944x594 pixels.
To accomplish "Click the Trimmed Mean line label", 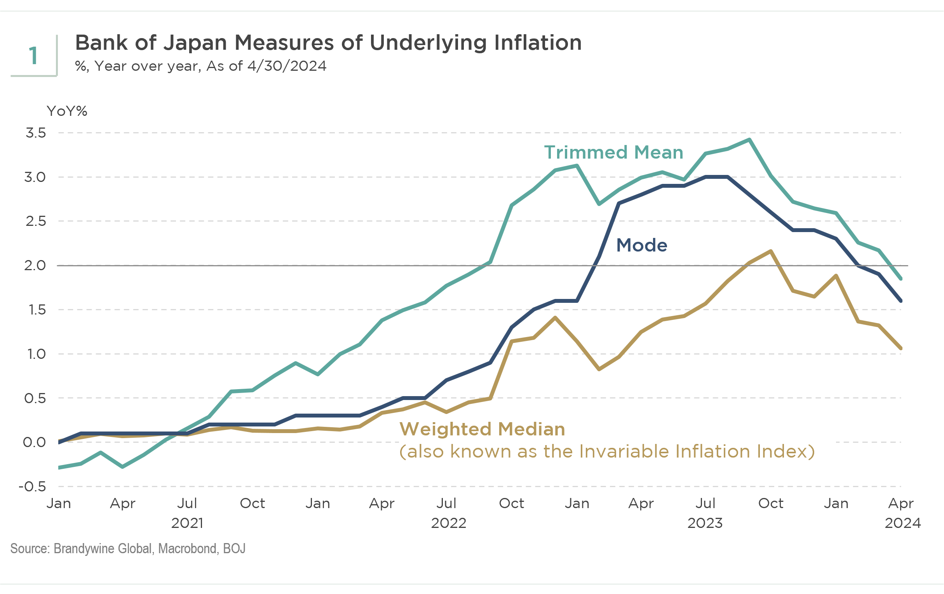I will (x=613, y=153).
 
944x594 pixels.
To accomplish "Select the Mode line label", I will (x=641, y=246).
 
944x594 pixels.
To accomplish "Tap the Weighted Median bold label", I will (x=482, y=429).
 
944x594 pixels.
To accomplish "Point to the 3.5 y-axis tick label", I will (x=36, y=133).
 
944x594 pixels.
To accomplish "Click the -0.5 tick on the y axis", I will (x=33, y=487).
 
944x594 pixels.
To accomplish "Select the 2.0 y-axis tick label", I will (x=35, y=266).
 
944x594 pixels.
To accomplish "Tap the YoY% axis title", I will (x=67, y=112).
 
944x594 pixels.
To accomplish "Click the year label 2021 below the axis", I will (x=187, y=523).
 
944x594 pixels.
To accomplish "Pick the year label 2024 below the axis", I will (x=902, y=523).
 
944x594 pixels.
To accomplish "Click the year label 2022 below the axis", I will (x=448, y=523).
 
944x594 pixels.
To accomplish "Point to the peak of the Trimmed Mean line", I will (x=749, y=140).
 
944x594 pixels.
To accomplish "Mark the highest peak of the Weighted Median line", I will (x=771, y=251).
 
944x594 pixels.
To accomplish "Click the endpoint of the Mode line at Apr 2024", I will (x=901, y=301).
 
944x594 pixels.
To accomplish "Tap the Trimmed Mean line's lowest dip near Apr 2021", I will (x=123, y=467).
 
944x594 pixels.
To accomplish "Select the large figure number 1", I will (x=33, y=56).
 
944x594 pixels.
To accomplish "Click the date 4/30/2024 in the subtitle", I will (x=287, y=66).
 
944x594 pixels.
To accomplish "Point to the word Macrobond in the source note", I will (x=187, y=549).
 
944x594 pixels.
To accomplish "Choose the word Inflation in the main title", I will (x=538, y=43).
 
